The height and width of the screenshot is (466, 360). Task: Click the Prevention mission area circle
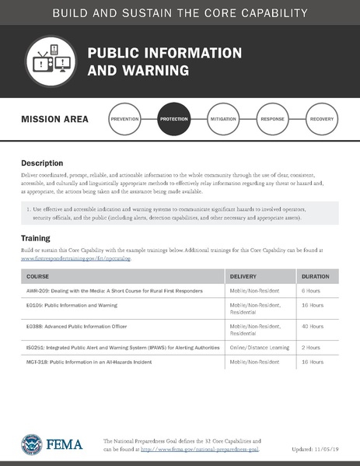point(125,120)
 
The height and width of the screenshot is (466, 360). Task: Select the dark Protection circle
point(173,120)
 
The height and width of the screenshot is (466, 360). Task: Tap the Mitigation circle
point(222,120)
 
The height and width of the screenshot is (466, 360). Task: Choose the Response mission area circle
point(272,120)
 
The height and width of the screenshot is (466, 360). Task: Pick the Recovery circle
point(321,120)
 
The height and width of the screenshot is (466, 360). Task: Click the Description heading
point(42,164)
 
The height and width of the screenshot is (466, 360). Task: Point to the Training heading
point(36,238)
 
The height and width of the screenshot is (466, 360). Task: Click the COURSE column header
point(37,276)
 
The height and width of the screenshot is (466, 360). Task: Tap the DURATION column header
point(315,276)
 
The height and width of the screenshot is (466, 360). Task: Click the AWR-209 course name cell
point(115,290)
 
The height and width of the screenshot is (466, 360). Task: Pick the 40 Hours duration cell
point(313,326)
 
